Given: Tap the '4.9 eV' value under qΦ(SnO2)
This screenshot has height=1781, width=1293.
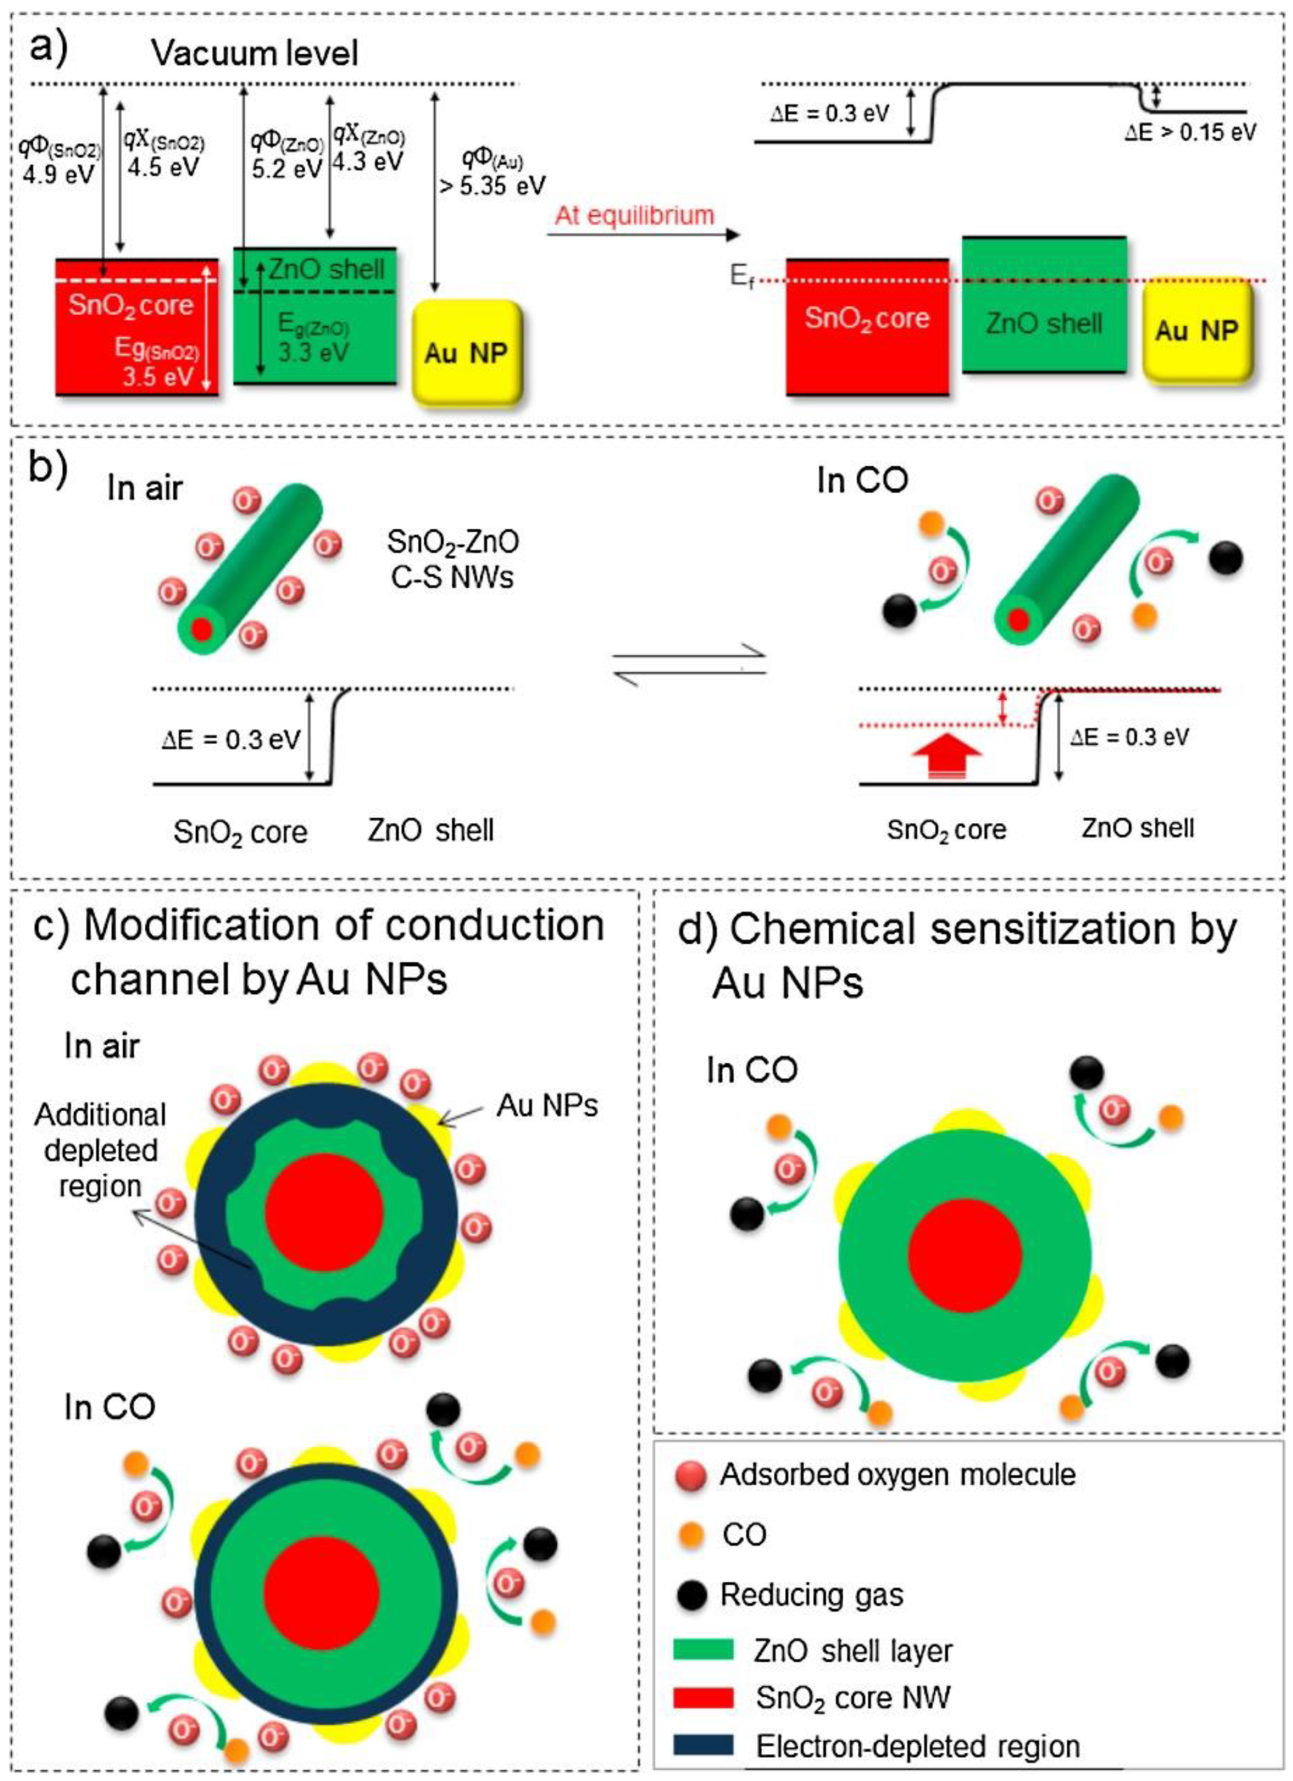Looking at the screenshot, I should click(58, 173).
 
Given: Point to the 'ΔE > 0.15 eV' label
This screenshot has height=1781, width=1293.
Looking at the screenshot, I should click(1189, 132).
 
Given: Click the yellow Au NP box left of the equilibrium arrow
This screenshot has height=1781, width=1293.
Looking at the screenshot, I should click(467, 353).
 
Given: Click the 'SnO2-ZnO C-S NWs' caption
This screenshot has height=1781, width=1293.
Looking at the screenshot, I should click(453, 559).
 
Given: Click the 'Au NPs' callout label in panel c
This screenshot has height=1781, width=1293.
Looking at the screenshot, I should click(547, 1106).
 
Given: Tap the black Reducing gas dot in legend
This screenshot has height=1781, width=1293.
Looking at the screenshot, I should click(691, 1595).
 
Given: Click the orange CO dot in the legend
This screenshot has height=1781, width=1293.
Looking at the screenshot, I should click(691, 1534).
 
